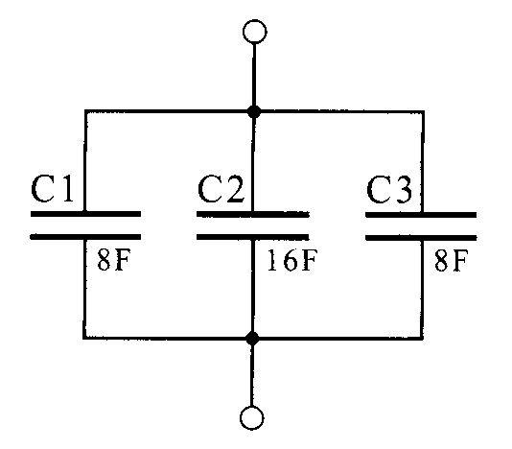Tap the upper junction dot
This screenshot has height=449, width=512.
(254, 111)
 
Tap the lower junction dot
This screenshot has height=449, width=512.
(252, 339)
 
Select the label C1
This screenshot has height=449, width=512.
(52, 189)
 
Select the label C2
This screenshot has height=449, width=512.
(221, 189)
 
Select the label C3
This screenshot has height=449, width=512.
(389, 189)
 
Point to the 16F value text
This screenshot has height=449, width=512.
(292, 260)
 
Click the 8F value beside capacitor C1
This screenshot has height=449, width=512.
(114, 260)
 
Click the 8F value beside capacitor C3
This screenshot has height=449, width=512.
(451, 260)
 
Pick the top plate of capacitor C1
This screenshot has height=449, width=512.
(85, 214)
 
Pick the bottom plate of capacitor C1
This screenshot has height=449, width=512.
(85, 237)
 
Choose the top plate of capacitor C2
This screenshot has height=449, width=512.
(253, 214)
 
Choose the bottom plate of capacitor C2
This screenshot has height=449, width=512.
(253, 237)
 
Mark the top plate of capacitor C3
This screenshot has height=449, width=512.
(421, 215)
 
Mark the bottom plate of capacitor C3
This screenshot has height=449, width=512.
(421, 237)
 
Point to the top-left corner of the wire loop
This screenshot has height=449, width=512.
(85, 111)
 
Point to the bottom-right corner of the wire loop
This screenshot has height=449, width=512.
(423, 338)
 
